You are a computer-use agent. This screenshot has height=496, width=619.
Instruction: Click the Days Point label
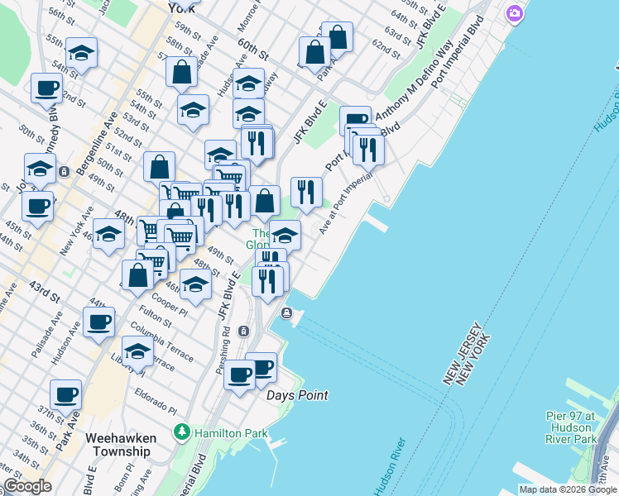tap(297, 395)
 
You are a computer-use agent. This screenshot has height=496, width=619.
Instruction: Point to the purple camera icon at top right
tap(515, 13)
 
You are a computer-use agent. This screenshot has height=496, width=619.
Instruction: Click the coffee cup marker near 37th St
tap(66, 394)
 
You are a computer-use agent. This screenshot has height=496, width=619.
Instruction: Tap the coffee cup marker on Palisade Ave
tap(99, 322)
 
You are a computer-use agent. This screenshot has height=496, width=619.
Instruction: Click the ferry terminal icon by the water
tap(286, 312)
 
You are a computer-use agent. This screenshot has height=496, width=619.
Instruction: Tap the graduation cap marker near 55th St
tap(81, 53)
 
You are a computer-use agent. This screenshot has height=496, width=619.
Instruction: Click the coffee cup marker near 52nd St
tap(47, 87)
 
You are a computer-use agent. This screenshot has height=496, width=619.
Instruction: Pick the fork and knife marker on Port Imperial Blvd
tap(367, 150)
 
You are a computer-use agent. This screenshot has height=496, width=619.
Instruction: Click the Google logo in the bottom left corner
tap(27, 486)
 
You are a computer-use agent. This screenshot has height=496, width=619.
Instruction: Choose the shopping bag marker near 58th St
tap(181, 72)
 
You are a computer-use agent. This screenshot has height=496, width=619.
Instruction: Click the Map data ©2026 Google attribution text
tap(568, 489)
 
